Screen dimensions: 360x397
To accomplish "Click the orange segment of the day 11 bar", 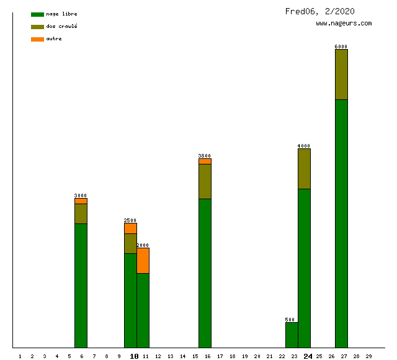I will point(143,261).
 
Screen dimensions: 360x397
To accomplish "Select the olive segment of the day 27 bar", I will point(341,74).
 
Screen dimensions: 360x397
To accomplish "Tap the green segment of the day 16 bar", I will point(205,273).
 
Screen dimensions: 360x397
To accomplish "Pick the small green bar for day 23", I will point(292,335).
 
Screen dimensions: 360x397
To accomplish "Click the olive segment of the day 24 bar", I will point(304,169).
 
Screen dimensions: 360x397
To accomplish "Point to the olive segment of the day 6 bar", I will point(81,214).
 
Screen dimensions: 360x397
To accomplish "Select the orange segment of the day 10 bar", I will point(130,228).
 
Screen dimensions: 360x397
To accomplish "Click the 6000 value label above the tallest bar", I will point(341,47).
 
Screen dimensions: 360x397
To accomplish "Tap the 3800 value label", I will point(205,156).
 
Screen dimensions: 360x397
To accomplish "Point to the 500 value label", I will point(290,320).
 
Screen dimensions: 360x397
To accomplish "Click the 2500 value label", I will point(130,220).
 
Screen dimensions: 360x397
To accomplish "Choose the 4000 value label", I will point(304,146).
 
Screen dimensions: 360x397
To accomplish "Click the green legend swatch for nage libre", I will point(37,14).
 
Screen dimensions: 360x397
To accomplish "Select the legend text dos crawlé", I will point(62,27).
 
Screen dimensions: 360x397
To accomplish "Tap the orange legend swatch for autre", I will point(37,39).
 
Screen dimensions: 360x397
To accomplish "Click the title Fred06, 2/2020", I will point(320,11).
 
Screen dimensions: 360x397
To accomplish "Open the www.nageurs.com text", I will point(344,24).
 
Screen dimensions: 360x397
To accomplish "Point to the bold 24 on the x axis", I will point(308,356).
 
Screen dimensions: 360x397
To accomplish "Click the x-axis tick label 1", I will point(20,356).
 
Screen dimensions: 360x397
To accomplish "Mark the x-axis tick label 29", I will point(368,356).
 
